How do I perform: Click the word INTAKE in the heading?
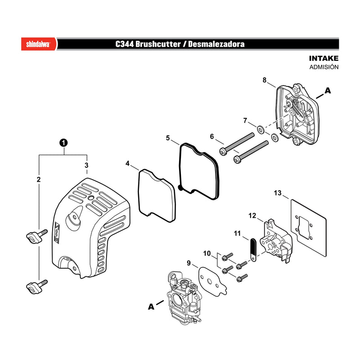(324, 58)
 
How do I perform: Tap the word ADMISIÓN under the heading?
(324, 67)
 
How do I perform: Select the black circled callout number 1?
(63, 143)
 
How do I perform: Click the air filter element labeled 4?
(157, 196)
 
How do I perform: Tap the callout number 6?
(211, 137)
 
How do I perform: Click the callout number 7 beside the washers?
(245, 121)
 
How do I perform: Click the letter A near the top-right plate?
(328, 90)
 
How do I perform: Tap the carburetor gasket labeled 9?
(212, 281)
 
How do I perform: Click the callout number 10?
(207, 253)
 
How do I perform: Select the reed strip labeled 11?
(253, 250)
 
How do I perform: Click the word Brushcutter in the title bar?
(158, 44)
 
